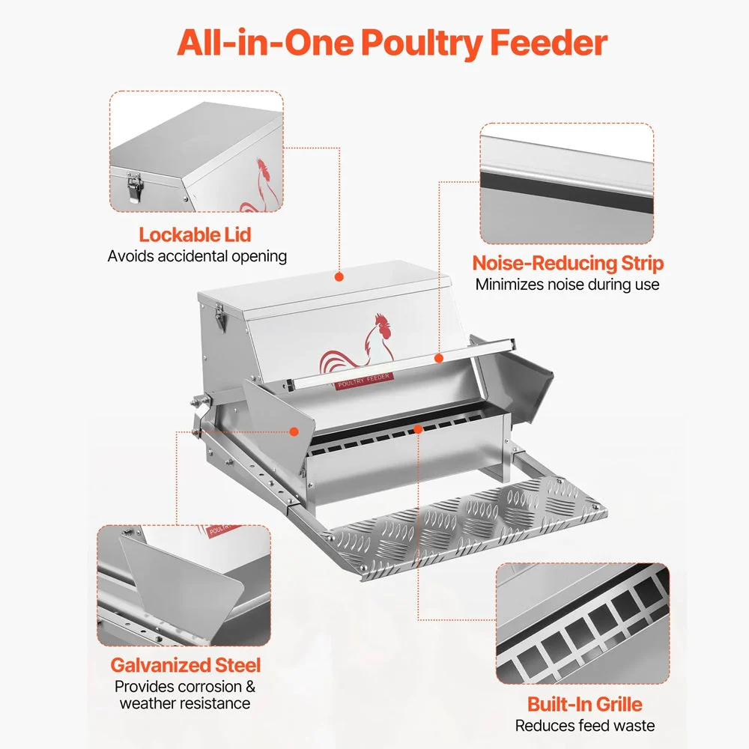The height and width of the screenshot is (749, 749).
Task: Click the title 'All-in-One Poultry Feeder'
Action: click(x=392, y=43)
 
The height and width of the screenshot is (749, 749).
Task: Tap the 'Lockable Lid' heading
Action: click(x=195, y=234)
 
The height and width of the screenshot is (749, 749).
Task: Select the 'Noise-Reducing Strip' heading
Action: click(x=568, y=263)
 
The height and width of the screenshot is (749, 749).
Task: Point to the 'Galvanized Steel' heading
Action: click(x=185, y=665)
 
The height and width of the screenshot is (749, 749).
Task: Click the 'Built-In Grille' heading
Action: click(x=585, y=704)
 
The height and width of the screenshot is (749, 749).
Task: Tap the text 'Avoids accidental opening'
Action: click(x=197, y=256)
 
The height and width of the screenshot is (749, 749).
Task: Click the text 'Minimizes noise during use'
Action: click(x=568, y=285)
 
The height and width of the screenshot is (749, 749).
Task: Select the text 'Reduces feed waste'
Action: click(x=585, y=726)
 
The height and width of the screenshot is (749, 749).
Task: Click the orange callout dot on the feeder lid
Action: click(x=339, y=276)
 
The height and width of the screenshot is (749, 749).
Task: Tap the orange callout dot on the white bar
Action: click(x=439, y=358)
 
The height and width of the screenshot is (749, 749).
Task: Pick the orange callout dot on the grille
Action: click(x=418, y=429)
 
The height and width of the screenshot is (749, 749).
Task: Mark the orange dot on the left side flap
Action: click(x=294, y=432)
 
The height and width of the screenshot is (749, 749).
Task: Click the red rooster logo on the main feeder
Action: click(x=357, y=345)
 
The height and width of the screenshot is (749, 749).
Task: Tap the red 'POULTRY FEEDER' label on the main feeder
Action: click(x=364, y=380)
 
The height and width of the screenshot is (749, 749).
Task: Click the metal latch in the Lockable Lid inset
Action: click(x=134, y=187)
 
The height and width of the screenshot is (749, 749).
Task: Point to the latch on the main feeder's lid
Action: click(x=220, y=315)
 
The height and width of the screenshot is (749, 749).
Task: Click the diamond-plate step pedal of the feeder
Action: click(x=466, y=528)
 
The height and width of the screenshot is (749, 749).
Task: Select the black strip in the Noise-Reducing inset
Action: click(x=566, y=191)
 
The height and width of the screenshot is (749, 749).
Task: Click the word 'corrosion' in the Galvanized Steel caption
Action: click(x=202, y=686)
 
